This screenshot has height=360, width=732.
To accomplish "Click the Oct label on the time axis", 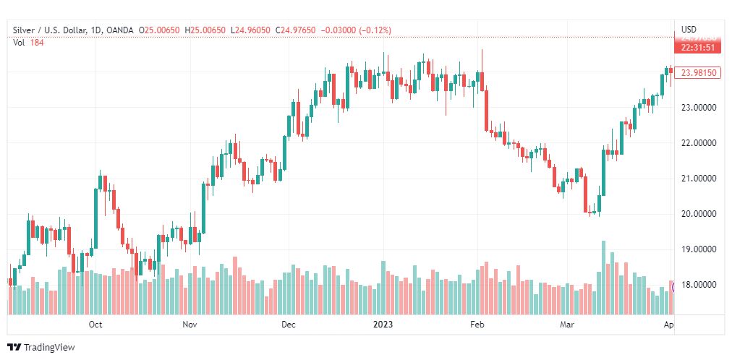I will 95,325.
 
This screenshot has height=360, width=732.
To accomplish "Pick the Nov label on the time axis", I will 190,325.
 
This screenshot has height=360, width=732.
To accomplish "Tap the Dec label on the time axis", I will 289,325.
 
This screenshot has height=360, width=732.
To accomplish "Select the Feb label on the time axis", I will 477,325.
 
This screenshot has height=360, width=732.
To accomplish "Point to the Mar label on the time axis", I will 568,325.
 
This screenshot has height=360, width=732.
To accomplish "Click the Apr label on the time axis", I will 669,325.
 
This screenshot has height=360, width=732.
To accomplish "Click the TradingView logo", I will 41,348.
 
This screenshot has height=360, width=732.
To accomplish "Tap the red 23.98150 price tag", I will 699,72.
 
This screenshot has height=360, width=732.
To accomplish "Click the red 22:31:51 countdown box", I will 699,48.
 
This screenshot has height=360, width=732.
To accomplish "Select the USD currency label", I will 689,30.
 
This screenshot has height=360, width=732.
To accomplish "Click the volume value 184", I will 37,42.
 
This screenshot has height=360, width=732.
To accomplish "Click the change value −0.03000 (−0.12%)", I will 359,30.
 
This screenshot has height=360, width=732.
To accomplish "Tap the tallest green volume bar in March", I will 603,278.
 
